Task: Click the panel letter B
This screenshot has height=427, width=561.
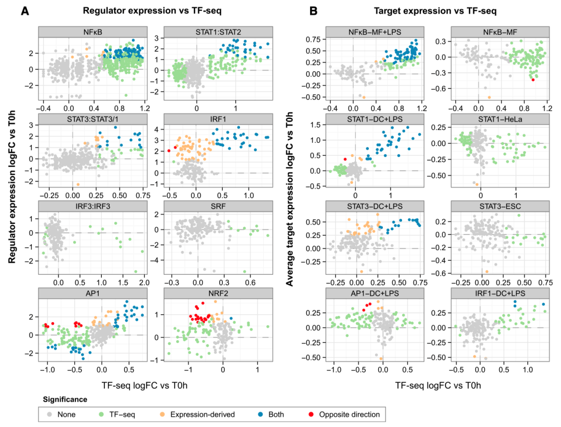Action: [313, 10]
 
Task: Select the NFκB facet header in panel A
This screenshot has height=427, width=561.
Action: [93, 33]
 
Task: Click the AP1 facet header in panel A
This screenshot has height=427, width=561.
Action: [93, 293]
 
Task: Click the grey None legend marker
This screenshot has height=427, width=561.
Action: [49, 414]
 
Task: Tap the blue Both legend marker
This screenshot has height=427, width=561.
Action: [267, 414]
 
